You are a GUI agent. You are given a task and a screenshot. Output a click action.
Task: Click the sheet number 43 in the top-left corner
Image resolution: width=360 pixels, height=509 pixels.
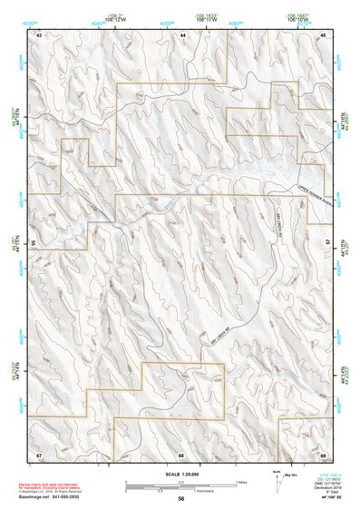(x=40, y=34)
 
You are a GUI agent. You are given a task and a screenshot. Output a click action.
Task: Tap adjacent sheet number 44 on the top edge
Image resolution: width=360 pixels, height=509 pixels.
(x=181, y=34)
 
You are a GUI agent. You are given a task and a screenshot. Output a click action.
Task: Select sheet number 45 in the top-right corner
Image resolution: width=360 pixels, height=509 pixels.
(x=324, y=34)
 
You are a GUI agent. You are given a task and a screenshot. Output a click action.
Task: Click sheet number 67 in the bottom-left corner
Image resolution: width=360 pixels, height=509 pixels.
(x=40, y=453)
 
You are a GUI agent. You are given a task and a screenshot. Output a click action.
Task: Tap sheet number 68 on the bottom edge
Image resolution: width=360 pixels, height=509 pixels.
(x=181, y=453)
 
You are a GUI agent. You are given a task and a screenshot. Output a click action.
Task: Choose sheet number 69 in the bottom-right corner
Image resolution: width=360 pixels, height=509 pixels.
(x=324, y=453)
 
